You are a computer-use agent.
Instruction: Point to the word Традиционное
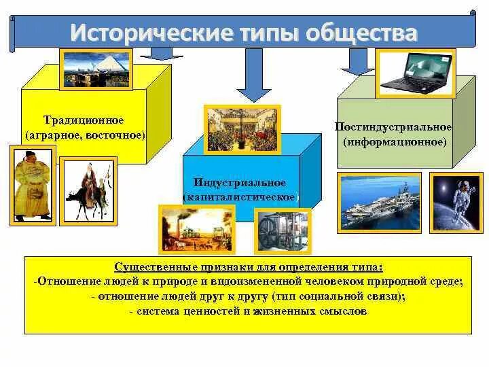pyautogui.click(x=84, y=120)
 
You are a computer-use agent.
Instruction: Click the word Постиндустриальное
pyautogui.click(x=393, y=128)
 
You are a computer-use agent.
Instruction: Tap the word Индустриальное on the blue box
pyautogui.click(x=240, y=183)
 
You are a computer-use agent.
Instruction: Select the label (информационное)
pyautogui.click(x=395, y=142)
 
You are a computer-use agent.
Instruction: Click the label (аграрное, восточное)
pyautogui.click(x=86, y=135)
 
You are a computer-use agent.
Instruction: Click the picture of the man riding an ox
pyautogui.click(x=88, y=191)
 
